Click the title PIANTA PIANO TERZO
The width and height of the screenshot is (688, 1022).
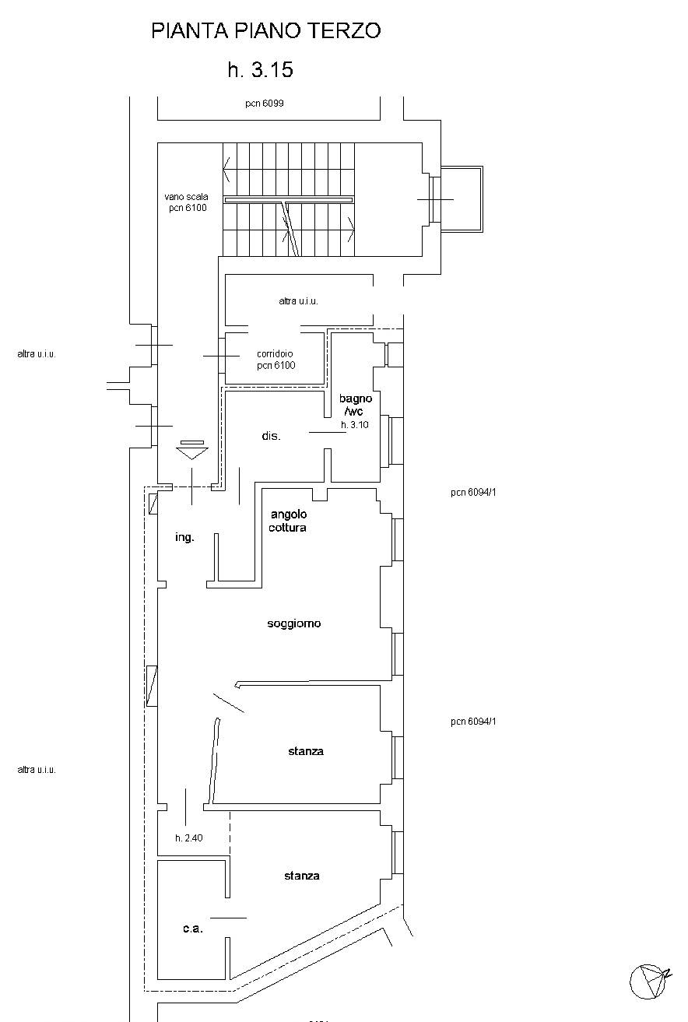[x=266, y=31]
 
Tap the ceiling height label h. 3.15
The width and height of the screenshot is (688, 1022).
[x=261, y=70]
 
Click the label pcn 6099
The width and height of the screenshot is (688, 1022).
[x=265, y=104]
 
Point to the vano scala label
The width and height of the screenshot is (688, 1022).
[x=186, y=197]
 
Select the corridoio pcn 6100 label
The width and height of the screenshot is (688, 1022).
[x=276, y=360]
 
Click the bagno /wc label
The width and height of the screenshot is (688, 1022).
[x=355, y=405]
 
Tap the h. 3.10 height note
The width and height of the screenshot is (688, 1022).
[x=354, y=425]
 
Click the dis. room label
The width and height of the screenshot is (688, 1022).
[x=271, y=436]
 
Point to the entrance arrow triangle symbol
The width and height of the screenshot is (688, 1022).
[x=192, y=452]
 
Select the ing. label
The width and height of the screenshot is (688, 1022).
[x=184, y=537]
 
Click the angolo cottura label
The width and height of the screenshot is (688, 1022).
[x=288, y=521]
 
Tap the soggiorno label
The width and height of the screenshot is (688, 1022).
[x=294, y=623]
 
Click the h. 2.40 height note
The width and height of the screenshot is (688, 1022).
[x=189, y=838]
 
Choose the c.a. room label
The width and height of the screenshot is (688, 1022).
[x=192, y=929]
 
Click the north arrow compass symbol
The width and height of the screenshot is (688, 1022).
[x=650, y=982]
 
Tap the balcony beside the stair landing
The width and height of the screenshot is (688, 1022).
[x=462, y=199]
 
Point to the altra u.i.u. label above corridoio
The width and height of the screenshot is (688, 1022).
[x=298, y=301]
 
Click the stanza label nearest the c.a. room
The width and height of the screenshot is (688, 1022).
[x=301, y=876]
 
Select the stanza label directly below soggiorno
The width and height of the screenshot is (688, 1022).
[x=306, y=751]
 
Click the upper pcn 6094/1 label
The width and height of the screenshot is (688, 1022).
[x=473, y=493]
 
